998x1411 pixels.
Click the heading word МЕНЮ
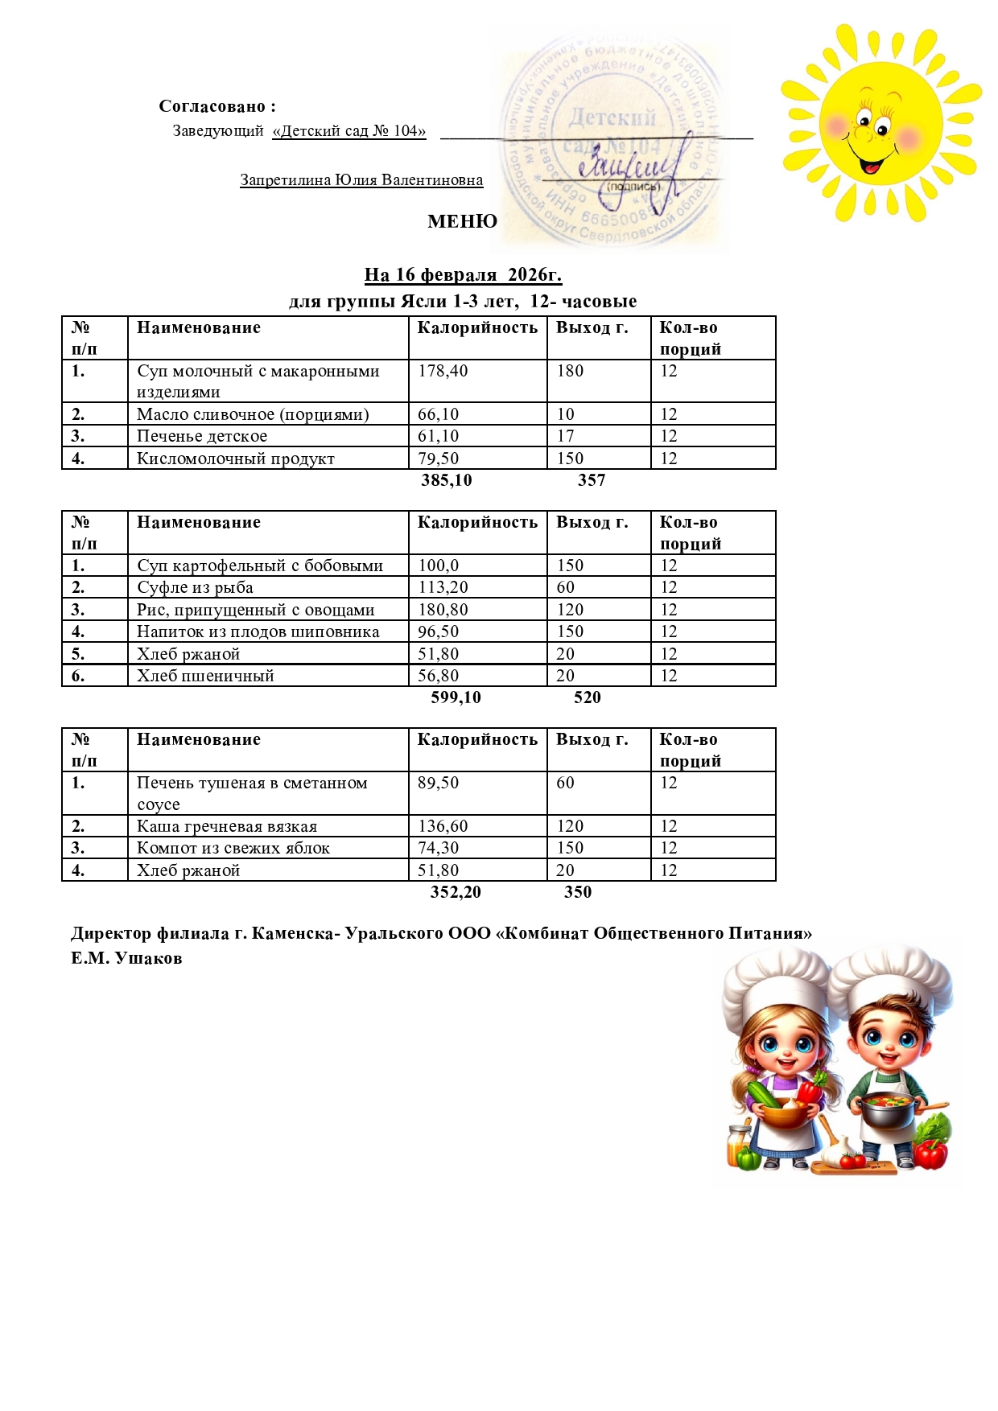point(462,221)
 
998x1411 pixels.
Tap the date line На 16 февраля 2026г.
point(463,275)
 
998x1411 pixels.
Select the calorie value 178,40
point(443,371)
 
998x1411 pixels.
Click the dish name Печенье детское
point(202,436)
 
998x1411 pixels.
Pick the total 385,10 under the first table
point(446,480)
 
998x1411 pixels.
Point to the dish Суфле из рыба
point(195,587)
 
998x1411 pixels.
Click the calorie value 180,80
point(443,610)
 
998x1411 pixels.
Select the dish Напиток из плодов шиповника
point(258,631)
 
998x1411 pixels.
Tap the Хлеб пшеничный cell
point(205,676)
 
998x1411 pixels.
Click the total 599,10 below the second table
point(456,697)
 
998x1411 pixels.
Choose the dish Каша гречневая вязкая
point(227,826)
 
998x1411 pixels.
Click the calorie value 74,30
point(438,848)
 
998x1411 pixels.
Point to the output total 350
point(578,892)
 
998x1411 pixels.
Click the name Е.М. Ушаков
point(126,958)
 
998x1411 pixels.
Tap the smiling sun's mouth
point(871,166)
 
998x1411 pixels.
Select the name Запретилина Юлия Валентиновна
point(361,180)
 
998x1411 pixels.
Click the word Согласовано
point(212,106)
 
